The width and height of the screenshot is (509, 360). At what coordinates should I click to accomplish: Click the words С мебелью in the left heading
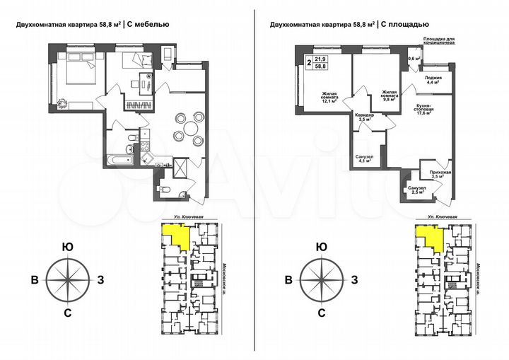pyautogui.click(x=149, y=25)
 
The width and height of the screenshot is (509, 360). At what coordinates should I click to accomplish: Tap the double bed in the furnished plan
pyautogui.click(x=76, y=74)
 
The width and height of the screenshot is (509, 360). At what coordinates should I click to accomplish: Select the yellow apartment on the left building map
pyautogui.click(x=175, y=233)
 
